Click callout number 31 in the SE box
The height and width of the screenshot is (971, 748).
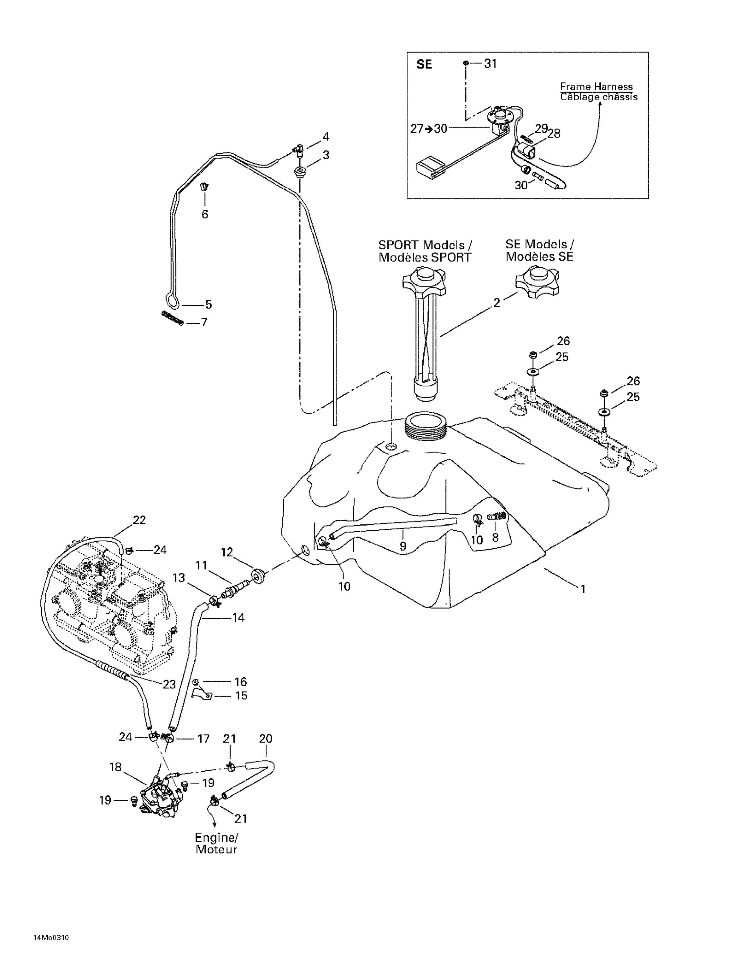[490, 63]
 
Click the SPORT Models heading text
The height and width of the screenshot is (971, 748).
[425, 245]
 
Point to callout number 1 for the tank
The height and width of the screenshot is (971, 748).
[583, 589]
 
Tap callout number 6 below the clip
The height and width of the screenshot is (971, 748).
[205, 214]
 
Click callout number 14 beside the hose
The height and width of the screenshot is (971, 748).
[238, 618]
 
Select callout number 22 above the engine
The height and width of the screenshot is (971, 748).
[139, 520]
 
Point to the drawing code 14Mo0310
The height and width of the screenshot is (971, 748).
[51, 951]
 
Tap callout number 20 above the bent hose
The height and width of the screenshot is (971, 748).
[265, 739]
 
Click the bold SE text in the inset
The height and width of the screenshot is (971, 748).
[424, 64]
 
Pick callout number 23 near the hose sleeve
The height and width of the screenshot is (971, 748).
[169, 684]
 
